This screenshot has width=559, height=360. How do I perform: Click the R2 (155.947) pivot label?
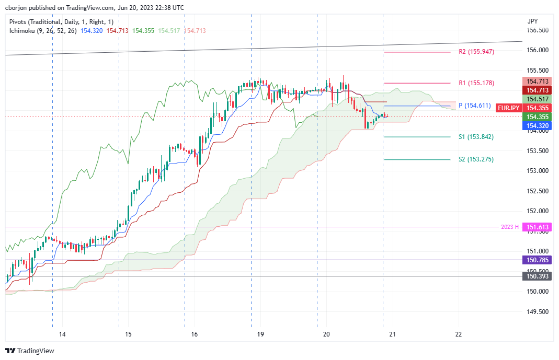[476, 52]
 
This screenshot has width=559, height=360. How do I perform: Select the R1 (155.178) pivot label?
[476, 83]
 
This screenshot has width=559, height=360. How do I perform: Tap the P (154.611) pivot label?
[474, 106]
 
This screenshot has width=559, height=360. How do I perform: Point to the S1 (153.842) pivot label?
[476, 137]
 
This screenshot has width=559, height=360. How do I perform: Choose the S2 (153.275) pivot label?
[476, 159]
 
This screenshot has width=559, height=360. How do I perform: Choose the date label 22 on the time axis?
[459, 334]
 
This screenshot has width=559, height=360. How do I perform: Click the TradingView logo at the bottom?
[30, 351]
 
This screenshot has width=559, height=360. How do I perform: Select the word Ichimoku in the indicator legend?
[23, 31]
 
